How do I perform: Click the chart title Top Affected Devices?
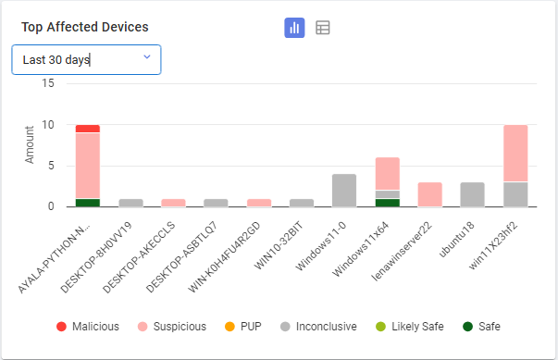[85, 28]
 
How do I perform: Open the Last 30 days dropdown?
[86, 60]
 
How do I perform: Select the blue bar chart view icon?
[294, 28]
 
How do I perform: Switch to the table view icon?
[322, 28]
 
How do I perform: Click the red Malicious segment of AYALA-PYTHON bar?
[88, 129]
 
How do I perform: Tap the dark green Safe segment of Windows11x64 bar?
[387, 203]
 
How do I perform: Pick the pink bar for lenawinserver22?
[429, 194]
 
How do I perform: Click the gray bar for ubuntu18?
[472, 194]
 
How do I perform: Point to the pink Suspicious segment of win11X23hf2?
[515, 153]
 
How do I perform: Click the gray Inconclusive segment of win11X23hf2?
[515, 194]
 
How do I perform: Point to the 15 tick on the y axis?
[48, 83]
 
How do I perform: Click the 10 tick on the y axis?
[48, 125]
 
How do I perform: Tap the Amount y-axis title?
[29, 145]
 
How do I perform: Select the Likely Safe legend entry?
[410, 326]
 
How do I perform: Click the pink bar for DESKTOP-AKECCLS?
[173, 203]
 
